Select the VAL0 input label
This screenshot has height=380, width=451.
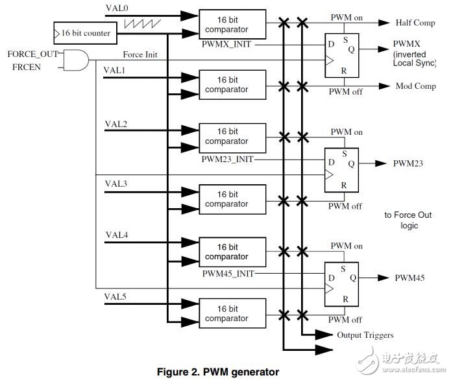coord(117,8)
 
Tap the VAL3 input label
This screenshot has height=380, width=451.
coord(116,184)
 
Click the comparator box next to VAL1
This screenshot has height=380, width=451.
coord(232,84)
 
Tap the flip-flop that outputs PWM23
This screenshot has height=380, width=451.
coord(341,165)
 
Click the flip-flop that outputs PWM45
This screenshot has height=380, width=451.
coord(341,279)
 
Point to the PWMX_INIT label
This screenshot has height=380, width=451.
coord(226,43)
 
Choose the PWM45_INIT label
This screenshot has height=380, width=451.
coord(227,274)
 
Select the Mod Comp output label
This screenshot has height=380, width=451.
coord(415,86)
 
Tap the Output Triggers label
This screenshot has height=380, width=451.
coord(365,335)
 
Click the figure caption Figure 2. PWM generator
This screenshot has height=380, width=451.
coord(217,372)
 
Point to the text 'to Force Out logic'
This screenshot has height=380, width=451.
coord(408,220)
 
